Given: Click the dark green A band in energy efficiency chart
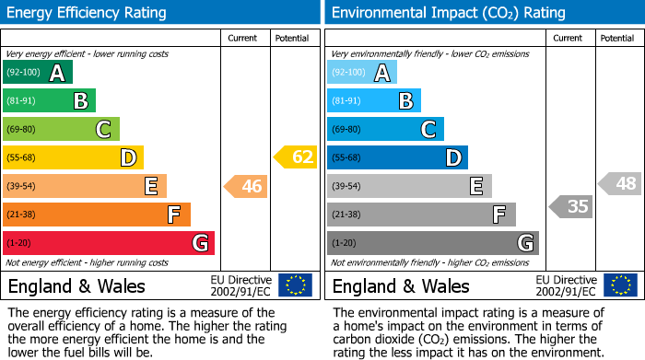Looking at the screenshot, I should point(37,73).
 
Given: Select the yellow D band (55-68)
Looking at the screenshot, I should point(72,157).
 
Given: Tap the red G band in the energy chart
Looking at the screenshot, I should point(109,243).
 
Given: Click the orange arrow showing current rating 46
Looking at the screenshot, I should point(246,187).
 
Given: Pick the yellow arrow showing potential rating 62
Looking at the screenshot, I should point(296,157).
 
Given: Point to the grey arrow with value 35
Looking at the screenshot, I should point(571,206).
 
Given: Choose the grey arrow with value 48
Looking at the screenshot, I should point(620,183).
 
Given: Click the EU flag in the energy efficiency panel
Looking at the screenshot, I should point(295,285).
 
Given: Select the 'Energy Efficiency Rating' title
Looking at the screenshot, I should point(88,13).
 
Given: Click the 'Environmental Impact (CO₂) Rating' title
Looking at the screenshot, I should point(448,13).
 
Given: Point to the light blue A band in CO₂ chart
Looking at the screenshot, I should point(361,73).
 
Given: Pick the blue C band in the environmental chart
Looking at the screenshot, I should point(385,129).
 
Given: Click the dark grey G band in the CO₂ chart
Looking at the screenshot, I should point(432,243).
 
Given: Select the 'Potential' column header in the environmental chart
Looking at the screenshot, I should point(617,38).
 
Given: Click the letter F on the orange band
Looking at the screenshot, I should point(173,215).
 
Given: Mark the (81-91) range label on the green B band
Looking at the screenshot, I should point(22,101).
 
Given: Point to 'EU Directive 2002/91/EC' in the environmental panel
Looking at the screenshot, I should point(567,285).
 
